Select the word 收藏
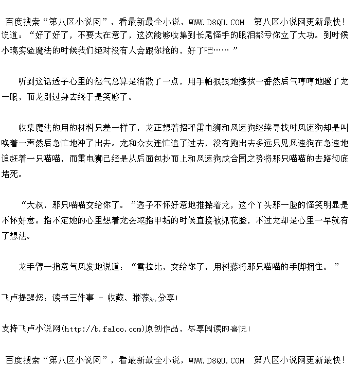pyautogui.click(x=115, y=298)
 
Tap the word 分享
pyautogui.click(x=166, y=298)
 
